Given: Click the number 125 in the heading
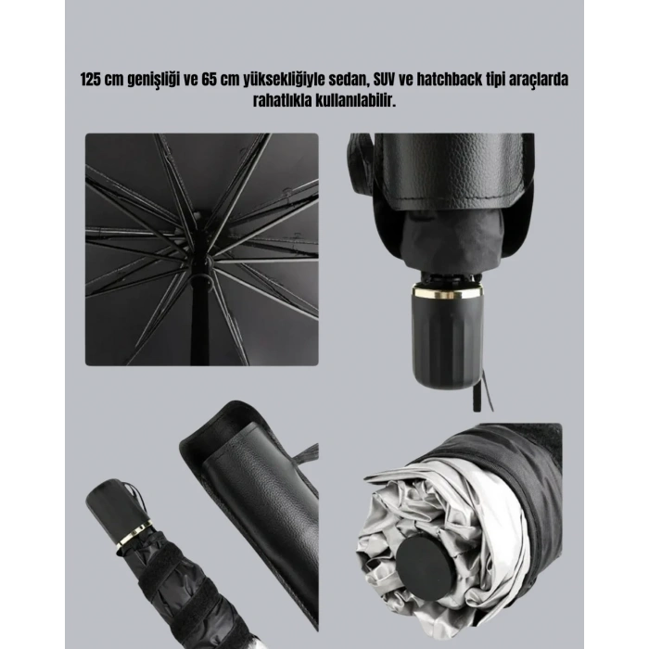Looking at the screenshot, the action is pyautogui.click(x=91, y=79).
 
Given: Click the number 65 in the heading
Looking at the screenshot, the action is pyautogui.click(x=209, y=79).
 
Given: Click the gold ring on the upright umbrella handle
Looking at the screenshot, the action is pyautogui.click(x=447, y=293).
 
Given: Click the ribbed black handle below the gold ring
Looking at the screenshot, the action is pyautogui.click(x=447, y=340).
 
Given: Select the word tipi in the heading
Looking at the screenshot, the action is pyautogui.click(x=499, y=80).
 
